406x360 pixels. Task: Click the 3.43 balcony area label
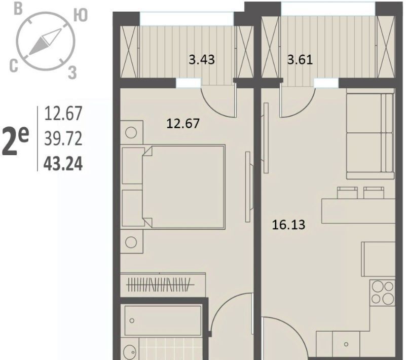pos(202,59)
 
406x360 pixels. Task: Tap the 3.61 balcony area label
pos(300,59)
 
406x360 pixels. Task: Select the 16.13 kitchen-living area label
pos(289,224)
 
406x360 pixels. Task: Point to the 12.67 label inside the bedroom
pos(183,123)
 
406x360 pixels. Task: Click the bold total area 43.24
pos(63,164)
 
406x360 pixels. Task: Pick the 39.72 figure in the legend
pos(63,138)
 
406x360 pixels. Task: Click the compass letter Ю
pos(81,15)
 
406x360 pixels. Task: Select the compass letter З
pos(72,73)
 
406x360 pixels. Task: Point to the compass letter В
pos(18,9)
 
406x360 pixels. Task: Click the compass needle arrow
pos(45,42)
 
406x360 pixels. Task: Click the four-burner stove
pos(383,293)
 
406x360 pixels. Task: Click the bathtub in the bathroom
pos(163,320)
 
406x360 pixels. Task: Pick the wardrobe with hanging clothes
pos(163,284)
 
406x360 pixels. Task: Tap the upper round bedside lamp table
pos(132,132)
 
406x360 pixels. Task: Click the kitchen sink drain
pos(346,344)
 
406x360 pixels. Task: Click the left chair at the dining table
pos(347,193)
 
